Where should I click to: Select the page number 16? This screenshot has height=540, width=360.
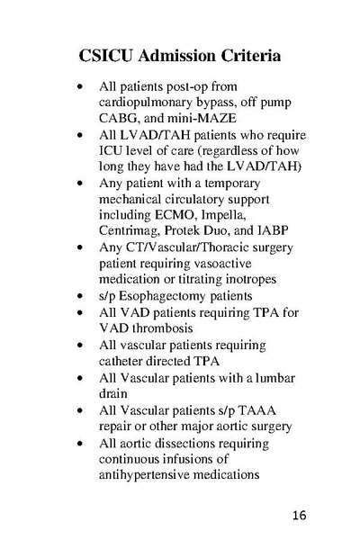tap(299, 516)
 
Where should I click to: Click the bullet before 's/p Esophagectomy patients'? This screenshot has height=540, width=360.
tap(82, 294)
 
